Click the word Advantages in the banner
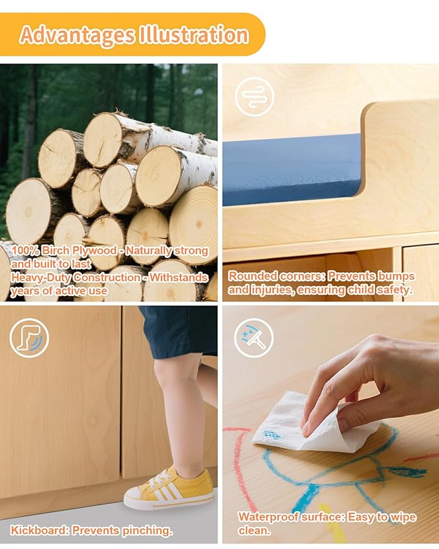coord(77,36)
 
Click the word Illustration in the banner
coord(194,34)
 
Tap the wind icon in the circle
coord(255,96)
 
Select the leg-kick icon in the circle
coord(29,338)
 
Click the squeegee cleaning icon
coord(254,338)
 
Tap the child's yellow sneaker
coord(169,488)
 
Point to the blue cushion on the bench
coord(292,169)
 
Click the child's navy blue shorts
coord(178,331)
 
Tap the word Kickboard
coord(39,530)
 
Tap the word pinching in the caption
coord(146,531)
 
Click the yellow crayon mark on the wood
coord(330,522)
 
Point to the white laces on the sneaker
coord(160,480)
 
